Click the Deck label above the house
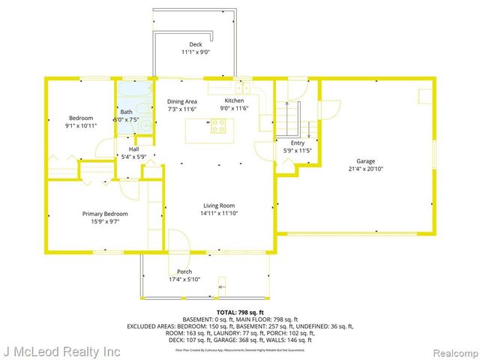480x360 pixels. (x=195, y=44)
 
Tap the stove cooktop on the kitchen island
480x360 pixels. (x=218, y=126)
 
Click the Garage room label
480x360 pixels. (x=365, y=160)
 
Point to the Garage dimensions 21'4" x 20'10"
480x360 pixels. (x=365, y=169)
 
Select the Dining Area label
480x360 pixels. (x=182, y=101)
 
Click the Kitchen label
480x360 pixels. (x=235, y=100)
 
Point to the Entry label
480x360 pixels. (x=298, y=142)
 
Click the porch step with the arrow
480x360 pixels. (x=222, y=285)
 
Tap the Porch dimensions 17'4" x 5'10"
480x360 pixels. (x=184, y=279)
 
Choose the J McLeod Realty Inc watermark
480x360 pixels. (x=61, y=350)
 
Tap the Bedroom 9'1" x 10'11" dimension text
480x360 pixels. (x=81, y=126)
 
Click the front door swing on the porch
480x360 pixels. (x=178, y=244)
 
